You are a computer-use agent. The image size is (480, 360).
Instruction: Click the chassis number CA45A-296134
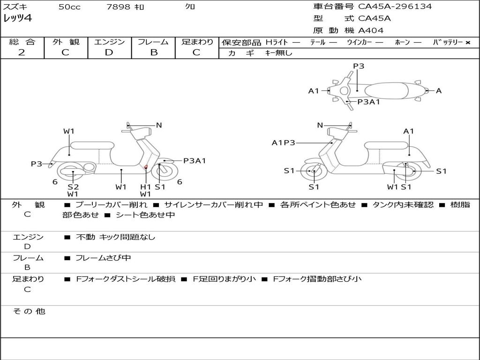(395, 7)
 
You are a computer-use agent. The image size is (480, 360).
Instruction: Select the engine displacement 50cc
(69, 7)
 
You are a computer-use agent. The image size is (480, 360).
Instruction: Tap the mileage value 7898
(117, 7)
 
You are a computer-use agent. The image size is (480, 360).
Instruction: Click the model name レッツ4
(17, 19)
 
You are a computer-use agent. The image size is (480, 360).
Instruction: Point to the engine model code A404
(371, 30)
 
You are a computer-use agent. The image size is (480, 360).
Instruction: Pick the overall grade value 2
(22, 52)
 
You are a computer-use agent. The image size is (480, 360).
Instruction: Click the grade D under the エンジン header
(109, 52)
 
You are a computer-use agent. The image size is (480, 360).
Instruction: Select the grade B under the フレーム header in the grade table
(153, 52)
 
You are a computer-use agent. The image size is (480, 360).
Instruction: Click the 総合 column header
(22, 42)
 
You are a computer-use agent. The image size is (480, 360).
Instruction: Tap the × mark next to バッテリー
(467, 42)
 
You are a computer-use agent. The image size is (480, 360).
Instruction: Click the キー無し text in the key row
(278, 53)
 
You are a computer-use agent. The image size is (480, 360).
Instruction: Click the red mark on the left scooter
(146, 166)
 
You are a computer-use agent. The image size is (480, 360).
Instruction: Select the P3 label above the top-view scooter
(359, 66)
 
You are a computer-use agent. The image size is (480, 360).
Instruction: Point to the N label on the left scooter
(159, 125)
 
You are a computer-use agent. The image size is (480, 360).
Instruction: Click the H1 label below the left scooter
(146, 187)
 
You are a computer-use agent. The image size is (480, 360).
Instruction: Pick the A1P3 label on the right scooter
(284, 143)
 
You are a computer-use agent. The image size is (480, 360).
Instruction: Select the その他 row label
(29, 311)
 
